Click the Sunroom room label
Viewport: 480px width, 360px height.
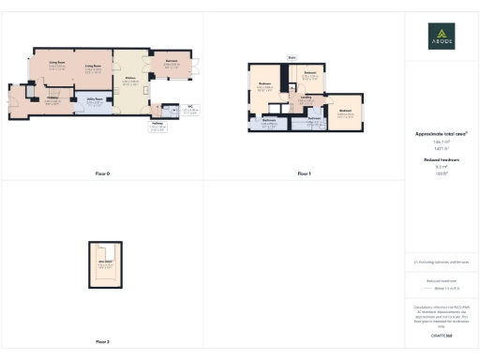(172, 64)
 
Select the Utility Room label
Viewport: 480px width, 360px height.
(95, 98)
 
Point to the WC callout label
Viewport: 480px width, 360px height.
(189, 109)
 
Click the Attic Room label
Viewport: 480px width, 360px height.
(106, 264)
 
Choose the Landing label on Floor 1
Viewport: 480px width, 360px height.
(306, 97)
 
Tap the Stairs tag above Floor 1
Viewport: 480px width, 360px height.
(292, 57)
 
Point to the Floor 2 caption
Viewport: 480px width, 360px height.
(102, 342)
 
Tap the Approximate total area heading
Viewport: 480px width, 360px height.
(441, 134)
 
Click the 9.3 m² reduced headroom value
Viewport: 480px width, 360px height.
(442, 167)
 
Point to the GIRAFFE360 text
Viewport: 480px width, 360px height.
(442, 323)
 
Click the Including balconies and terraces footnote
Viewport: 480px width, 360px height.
(442, 262)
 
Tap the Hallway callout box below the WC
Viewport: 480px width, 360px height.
(158, 128)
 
